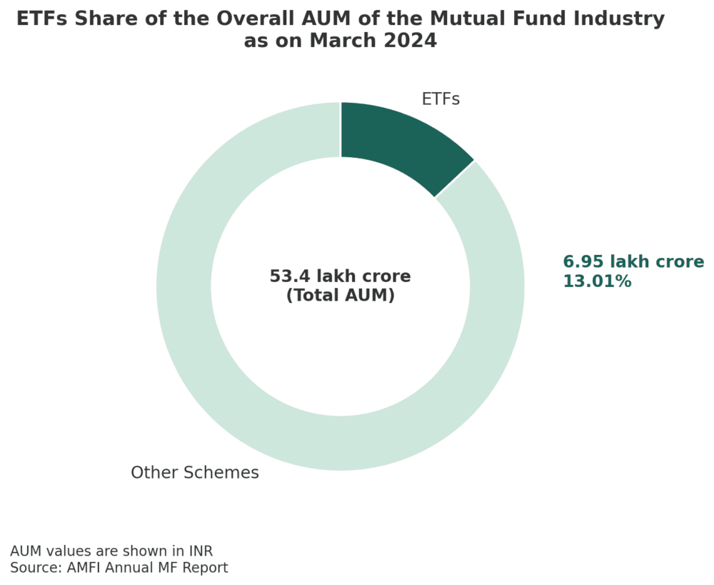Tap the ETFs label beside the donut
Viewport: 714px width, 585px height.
[x=441, y=99]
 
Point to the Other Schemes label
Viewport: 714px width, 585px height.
[x=194, y=473]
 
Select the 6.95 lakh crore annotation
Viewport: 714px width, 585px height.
[x=633, y=262]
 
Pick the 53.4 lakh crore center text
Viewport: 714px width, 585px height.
[x=340, y=276]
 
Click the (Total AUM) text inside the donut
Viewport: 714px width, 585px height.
[x=340, y=295]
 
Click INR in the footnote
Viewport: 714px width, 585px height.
[x=199, y=551]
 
